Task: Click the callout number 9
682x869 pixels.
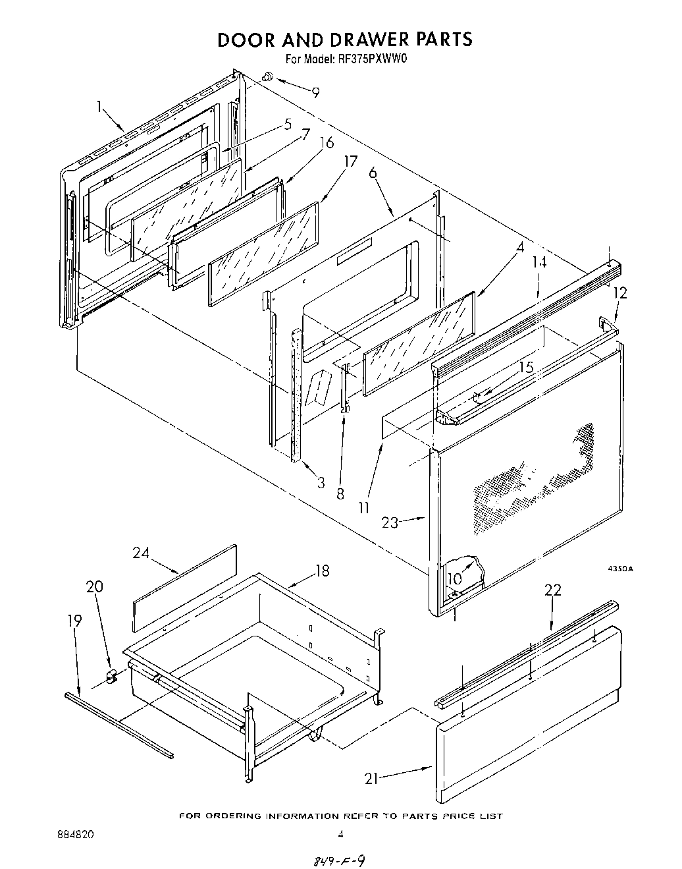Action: click(x=316, y=93)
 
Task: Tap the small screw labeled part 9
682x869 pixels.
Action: click(x=267, y=77)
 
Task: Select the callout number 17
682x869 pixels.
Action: click(x=350, y=161)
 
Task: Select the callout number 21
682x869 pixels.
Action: click(x=373, y=779)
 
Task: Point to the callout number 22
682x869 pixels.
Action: click(x=553, y=590)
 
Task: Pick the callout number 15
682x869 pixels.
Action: click(x=526, y=368)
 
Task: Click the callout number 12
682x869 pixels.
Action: click(x=620, y=293)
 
